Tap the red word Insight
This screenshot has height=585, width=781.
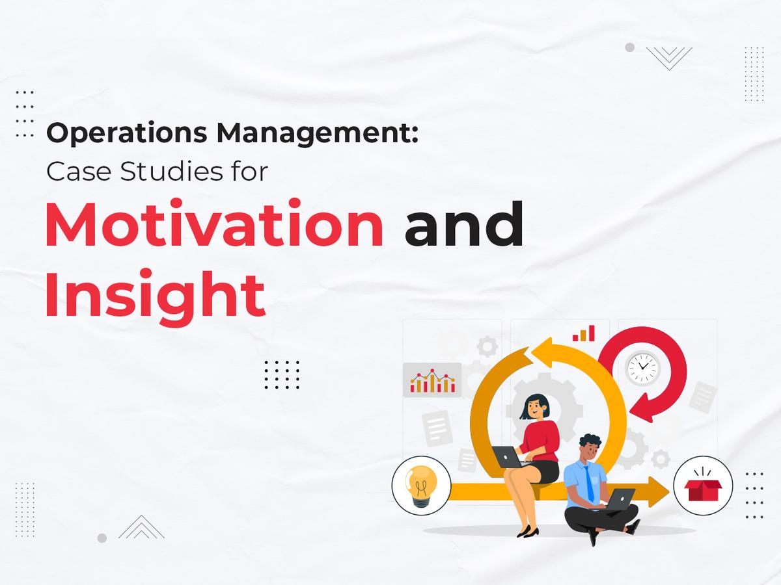click(x=155, y=296)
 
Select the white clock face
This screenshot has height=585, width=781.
click(x=643, y=369)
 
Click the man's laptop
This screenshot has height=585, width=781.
click(x=621, y=499)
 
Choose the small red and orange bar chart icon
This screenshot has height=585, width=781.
click(x=584, y=334)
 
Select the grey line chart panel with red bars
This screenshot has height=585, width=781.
click(x=432, y=380)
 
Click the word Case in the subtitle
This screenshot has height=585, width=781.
click(x=71, y=172)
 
